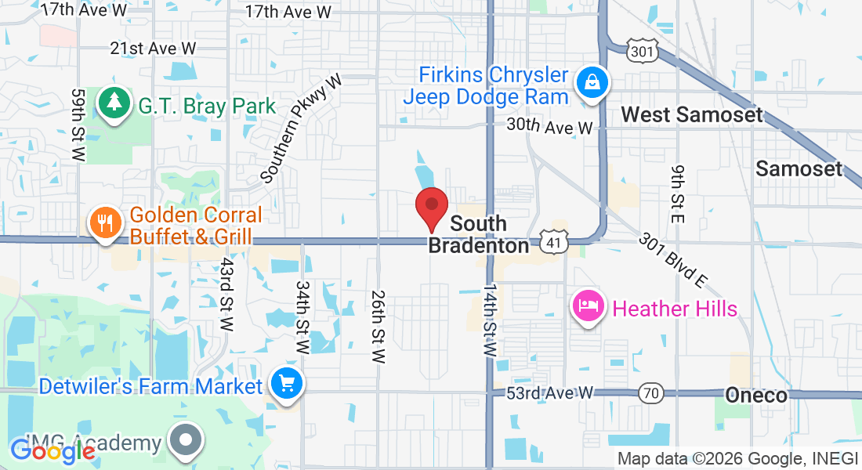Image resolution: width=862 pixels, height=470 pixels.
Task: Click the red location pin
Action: pos(431,206)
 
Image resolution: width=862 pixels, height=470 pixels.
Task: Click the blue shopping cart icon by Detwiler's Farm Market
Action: pos(287,384)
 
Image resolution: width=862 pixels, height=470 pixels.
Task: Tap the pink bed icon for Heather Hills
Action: pos(588,305)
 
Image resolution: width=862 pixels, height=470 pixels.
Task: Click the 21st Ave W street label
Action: pos(153,49)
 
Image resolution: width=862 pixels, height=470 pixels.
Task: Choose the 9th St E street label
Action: pos(679,193)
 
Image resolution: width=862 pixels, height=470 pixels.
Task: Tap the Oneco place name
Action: pos(756,396)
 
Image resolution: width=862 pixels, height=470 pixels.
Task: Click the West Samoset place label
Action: pos(691,115)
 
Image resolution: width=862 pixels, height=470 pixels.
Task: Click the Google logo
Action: pos(53,450)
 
